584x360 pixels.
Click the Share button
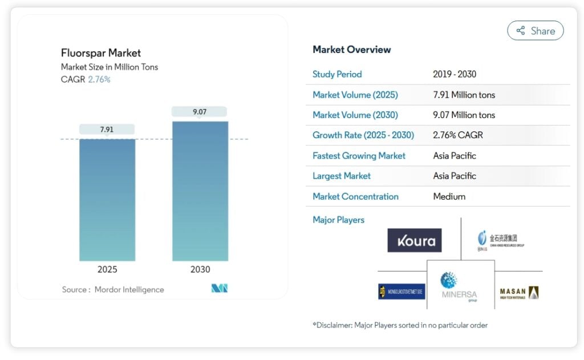(535, 31)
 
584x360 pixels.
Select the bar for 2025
(107, 200)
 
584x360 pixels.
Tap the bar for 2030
(200, 191)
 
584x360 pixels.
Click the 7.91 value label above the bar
(107, 130)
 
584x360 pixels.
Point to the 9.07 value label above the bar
(200, 112)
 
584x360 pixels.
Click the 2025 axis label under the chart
(107, 269)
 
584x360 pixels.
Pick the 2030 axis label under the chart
(200, 269)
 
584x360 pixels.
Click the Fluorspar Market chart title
(101, 53)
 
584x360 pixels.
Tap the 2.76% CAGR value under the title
(99, 79)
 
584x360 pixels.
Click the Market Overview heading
(352, 50)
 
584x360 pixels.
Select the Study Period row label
(337, 74)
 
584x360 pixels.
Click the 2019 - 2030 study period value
(455, 74)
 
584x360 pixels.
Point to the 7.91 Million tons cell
(464, 95)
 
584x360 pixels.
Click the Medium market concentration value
(449, 196)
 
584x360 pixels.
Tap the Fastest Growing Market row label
(359, 156)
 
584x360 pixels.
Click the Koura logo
(415, 240)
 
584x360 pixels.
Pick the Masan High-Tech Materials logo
(519, 293)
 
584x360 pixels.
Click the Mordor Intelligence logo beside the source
(220, 289)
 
